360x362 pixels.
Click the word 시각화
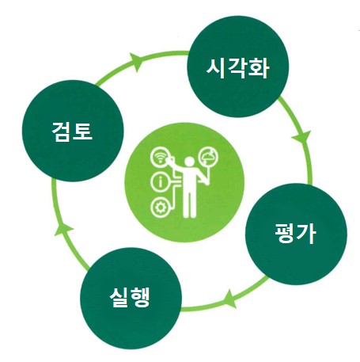click(x=237, y=68)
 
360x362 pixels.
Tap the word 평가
click(x=295, y=233)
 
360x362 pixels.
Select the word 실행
click(x=130, y=297)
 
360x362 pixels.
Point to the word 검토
click(x=72, y=131)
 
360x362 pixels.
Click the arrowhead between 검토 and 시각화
click(x=136, y=62)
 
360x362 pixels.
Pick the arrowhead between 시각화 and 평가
click(x=301, y=137)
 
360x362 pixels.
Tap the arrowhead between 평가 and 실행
click(x=230, y=299)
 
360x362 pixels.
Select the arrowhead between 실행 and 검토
click(x=63, y=229)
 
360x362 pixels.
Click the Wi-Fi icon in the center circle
click(x=160, y=158)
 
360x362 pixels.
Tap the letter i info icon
click(x=160, y=182)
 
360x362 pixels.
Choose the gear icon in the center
click(x=160, y=208)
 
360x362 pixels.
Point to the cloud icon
click(x=209, y=157)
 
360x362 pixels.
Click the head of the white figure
click(x=189, y=162)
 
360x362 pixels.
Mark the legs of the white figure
click(x=189, y=203)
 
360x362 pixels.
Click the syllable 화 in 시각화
click(x=259, y=68)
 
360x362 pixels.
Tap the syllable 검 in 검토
click(x=61, y=131)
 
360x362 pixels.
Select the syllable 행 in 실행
click(x=140, y=297)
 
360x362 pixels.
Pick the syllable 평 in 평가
click(x=284, y=233)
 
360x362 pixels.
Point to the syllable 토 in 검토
click(x=82, y=131)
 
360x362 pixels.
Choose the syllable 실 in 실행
click(x=119, y=297)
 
